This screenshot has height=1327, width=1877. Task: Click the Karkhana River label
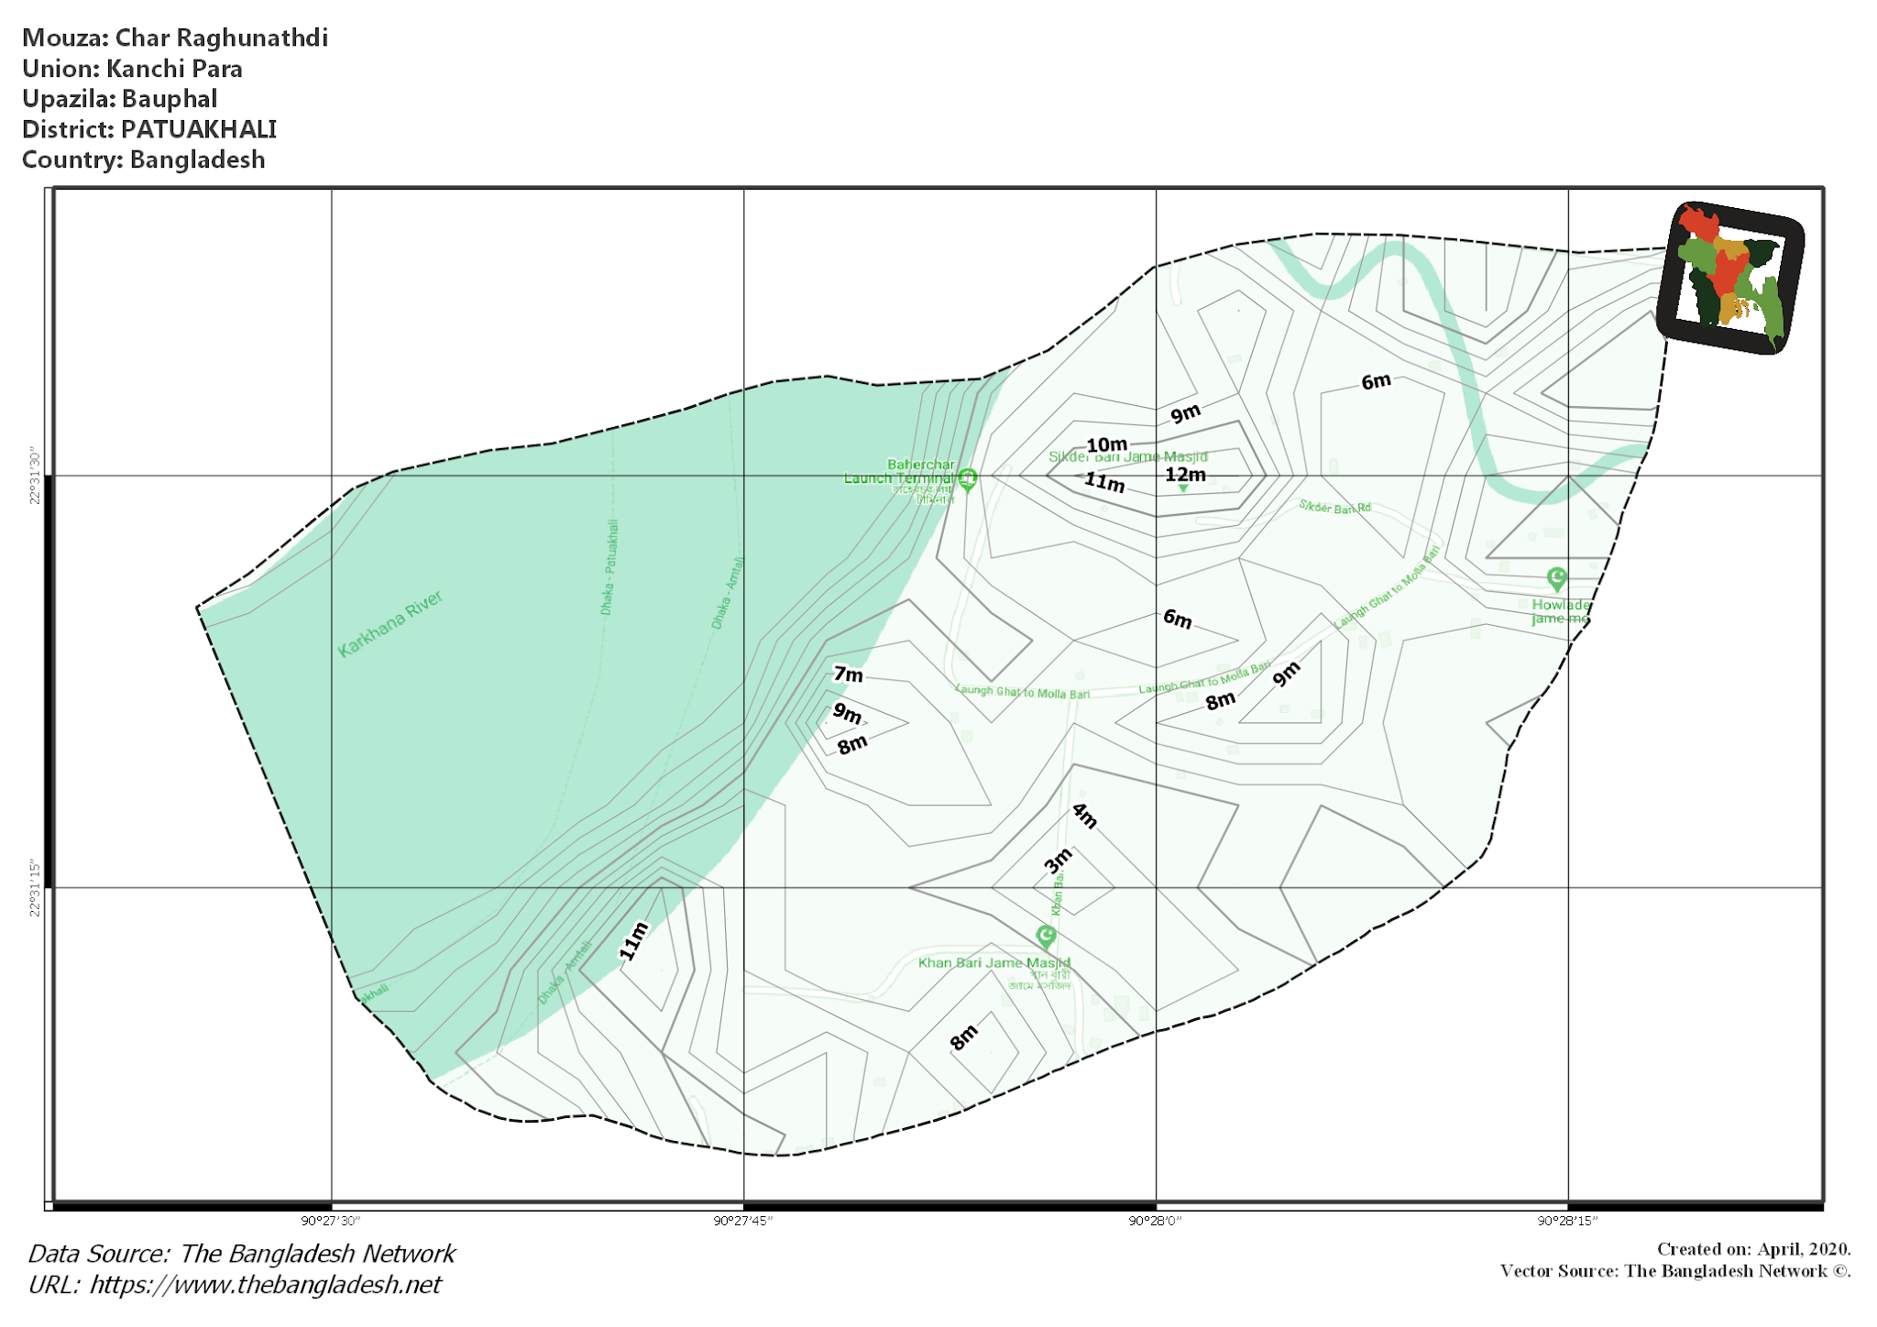[390, 624]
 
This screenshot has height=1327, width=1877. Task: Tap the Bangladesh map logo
[1730, 277]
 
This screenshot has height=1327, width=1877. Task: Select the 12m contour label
[1185, 475]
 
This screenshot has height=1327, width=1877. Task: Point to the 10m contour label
[1106, 445]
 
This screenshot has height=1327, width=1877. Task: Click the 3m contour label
[1059, 861]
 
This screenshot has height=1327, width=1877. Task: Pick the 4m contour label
[1085, 815]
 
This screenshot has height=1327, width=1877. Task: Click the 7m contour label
[848, 674]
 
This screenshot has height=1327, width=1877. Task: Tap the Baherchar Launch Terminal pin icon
[967, 477]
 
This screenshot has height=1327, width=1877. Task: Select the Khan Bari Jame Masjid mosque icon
[1046, 936]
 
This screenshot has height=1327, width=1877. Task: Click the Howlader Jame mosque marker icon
[1556, 578]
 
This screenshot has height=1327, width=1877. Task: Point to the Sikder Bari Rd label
[1334, 507]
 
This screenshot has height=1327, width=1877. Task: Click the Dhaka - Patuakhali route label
[609, 567]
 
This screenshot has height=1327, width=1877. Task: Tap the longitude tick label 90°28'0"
[1155, 1221]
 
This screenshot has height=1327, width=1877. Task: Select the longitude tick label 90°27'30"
[331, 1221]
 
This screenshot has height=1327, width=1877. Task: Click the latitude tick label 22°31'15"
[35, 887]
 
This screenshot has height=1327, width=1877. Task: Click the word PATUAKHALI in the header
[198, 129]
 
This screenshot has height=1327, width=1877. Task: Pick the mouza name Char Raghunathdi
[221, 38]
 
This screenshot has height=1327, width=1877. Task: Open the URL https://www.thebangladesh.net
[265, 1285]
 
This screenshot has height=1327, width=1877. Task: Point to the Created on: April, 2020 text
[1753, 1249]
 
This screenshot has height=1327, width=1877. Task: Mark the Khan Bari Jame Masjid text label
[993, 962]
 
